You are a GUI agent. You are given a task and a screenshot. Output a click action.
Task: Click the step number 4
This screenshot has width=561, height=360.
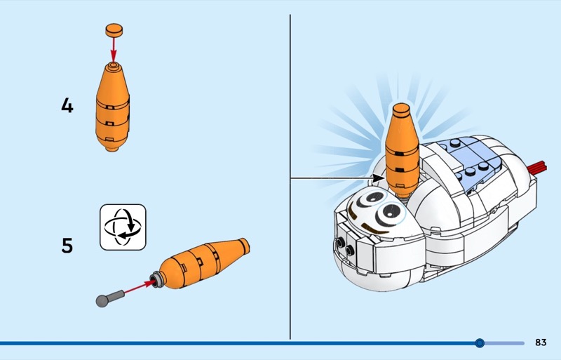click(67, 107)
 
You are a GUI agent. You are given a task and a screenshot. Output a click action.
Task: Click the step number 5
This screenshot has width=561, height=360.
click(67, 246)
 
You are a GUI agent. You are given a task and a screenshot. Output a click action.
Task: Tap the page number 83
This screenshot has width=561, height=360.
click(540, 342)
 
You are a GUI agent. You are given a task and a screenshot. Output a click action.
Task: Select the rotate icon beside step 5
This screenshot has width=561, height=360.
click(123, 227)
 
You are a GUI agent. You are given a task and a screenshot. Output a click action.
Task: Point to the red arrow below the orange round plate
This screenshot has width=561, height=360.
click(113, 49)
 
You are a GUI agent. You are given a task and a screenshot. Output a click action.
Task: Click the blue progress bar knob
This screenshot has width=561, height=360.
click(480, 343)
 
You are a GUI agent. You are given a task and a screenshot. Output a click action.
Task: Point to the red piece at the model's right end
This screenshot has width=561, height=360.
click(539, 168)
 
